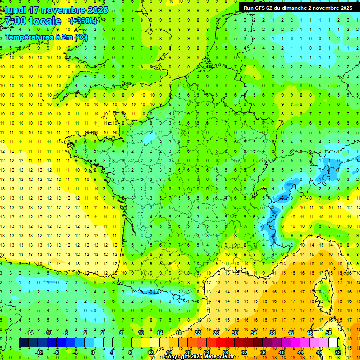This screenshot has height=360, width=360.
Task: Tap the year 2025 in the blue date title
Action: pyautogui.click(x=97, y=10)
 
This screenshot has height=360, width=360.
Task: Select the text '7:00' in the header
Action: pyautogui.click(x=15, y=21)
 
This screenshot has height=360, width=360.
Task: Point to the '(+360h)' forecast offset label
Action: pyautogui.click(x=83, y=21)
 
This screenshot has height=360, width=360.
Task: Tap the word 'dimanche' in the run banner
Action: pyautogui.click(x=300, y=8)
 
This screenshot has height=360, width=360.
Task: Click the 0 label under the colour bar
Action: pyautogui.click(x=92, y=352)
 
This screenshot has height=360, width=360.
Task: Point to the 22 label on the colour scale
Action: pyautogui.click(x=197, y=333)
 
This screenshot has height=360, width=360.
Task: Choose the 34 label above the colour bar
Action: pyautogui.click(x=253, y=333)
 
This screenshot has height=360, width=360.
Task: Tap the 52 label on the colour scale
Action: pyautogui.click(x=338, y=352)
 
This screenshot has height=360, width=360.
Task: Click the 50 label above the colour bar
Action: pyautogui.click(x=329, y=333)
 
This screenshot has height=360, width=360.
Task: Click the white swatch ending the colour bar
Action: pyautogui.click(x=333, y=343)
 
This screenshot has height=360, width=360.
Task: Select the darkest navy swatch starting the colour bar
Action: pyautogui.click(x=23, y=343)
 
